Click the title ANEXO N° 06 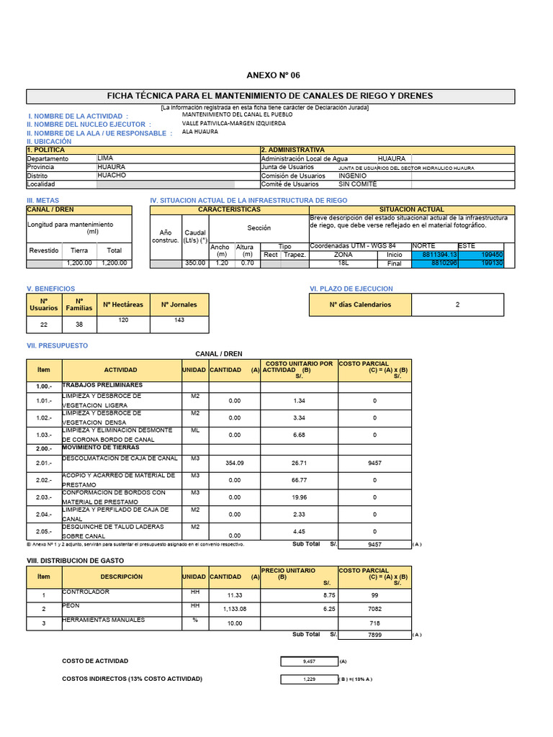(273, 76)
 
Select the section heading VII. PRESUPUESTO (57, 345)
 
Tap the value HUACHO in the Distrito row (111, 175)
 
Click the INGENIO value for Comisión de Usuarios (352, 176)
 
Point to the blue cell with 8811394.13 (439, 255)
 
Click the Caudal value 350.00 (194, 263)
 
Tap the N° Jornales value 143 (179, 320)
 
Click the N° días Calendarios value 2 (457, 304)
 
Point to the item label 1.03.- (44, 435)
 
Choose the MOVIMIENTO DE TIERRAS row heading (101, 448)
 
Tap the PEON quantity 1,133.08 (235, 609)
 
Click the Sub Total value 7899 (374, 635)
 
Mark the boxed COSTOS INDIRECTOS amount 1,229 (307, 679)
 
